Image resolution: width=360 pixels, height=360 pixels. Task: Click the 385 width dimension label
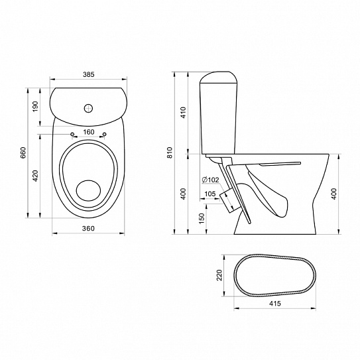coord(89,74)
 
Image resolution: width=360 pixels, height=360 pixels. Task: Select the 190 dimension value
coord(35,107)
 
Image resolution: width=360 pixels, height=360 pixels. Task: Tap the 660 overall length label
coord(23,152)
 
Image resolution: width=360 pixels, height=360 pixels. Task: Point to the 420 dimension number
coord(35,176)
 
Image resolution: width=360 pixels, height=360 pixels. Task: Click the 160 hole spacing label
coord(89,132)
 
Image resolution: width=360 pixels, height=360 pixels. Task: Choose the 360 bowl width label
coord(88,229)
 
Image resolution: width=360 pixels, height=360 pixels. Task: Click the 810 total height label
coord(170,152)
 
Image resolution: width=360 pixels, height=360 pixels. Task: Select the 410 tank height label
coord(184,113)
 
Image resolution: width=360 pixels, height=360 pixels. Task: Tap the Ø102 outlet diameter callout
coord(210,180)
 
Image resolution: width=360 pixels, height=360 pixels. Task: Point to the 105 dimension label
coord(210,194)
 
